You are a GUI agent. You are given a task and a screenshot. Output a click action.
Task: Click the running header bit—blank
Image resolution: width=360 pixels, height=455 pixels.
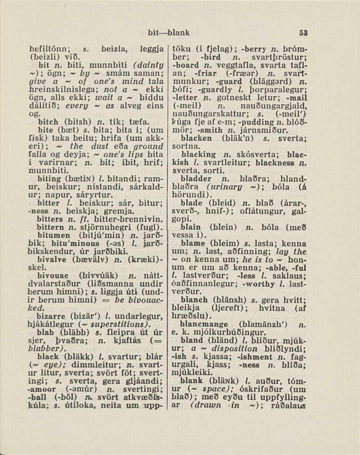169,32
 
